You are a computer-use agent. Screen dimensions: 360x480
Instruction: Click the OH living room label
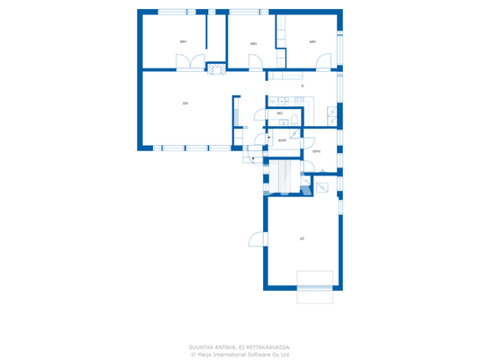pyautogui.click(x=186, y=103)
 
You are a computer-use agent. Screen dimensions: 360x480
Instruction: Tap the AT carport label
pyautogui.click(x=302, y=238)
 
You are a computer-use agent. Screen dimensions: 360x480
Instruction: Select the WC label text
pyautogui.click(x=279, y=113)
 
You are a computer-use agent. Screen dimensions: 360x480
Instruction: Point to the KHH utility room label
pyautogui.click(x=283, y=140)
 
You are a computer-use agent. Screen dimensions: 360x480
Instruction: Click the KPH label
pyautogui.click(x=316, y=151)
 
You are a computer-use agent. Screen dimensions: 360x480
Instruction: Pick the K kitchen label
pyautogui.click(x=302, y=86)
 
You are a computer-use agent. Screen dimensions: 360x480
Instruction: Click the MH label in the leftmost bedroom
pyautogui.click(x=183, y=41)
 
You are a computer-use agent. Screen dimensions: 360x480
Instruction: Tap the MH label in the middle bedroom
pyautogui.click(x=254, y=43)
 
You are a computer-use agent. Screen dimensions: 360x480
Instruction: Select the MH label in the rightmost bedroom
pyautogui.click(x=312, y=41)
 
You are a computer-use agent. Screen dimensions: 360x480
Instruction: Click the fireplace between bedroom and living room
pyautogui.click(x=216, y=67)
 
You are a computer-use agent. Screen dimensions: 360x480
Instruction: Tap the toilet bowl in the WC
pyautogui.click(x=294, y=117)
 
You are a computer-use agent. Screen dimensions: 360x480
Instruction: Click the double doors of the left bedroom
pyautogui.click(x=191, y=62)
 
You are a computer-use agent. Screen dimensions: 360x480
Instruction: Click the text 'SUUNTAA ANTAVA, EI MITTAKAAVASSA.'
pyautogui.click(x=239, y=346)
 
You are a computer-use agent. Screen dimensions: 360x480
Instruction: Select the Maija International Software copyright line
pyautogui.click(x=239, y=355)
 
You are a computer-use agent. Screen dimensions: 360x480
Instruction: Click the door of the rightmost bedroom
pyautogui.click(x=322, y=62)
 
